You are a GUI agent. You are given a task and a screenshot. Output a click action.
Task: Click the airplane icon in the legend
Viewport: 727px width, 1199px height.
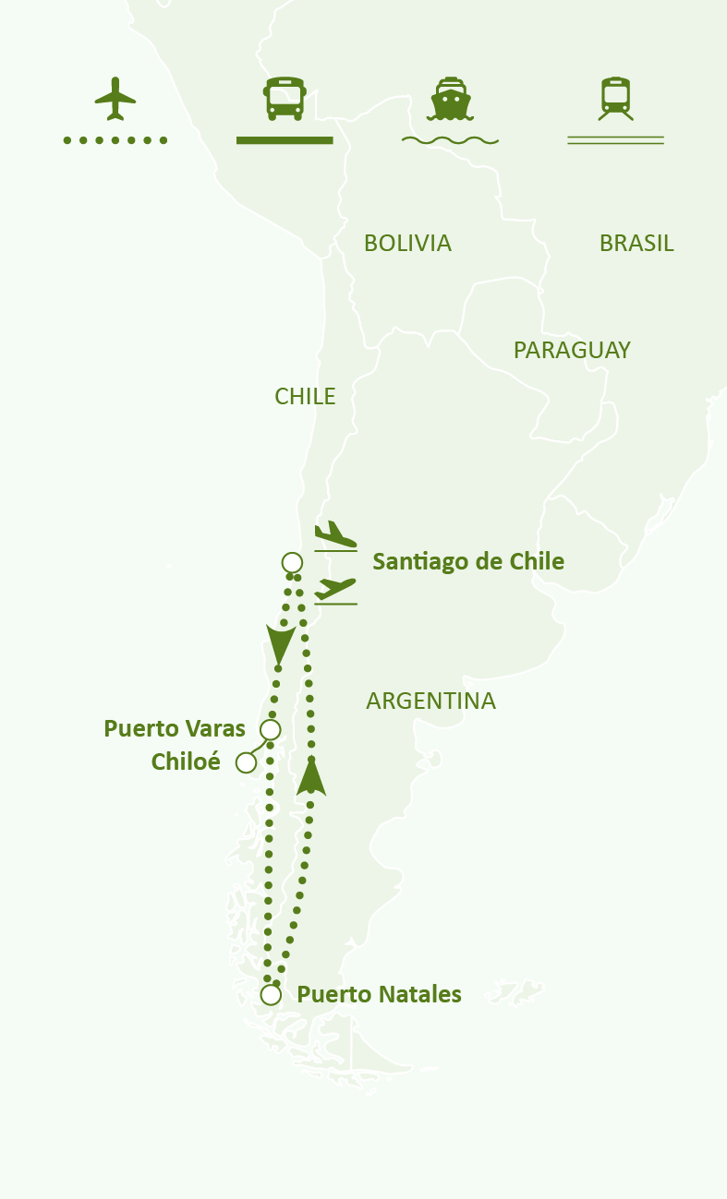pos(115,98)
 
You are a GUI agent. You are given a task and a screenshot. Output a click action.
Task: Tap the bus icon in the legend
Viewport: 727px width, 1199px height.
pos(285,98)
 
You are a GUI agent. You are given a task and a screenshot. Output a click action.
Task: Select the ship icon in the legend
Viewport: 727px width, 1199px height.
pos(450,99)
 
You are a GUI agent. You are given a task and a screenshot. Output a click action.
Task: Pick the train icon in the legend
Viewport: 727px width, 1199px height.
pos(615,98)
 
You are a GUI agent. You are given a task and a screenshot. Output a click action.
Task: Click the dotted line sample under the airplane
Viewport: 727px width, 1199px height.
pos(115,140)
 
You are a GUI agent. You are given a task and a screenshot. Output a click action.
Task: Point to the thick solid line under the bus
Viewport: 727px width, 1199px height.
pos(285,140)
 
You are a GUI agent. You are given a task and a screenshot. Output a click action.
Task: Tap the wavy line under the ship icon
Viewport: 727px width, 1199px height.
pos(450,140)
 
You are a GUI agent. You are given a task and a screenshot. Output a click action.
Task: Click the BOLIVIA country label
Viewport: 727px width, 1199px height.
pos(407,244)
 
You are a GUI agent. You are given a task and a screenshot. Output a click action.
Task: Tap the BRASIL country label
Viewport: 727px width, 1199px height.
pos(636,244)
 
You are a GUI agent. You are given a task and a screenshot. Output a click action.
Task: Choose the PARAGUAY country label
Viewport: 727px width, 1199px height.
pos(572,351)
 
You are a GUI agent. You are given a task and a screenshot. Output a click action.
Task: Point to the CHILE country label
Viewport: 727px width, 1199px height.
pos(305,397)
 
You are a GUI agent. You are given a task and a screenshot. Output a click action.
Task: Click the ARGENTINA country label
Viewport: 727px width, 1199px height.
pos(430,701)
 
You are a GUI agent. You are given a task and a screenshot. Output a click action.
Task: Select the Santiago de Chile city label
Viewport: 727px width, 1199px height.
pos(468,561)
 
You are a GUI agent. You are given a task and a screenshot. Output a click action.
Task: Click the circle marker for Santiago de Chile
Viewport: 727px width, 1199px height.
pos(291,562)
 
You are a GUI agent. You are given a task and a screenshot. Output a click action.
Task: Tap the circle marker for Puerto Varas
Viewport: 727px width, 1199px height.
pos(270,730)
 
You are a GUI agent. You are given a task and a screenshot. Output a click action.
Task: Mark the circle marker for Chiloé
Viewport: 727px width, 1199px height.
pos(246,762)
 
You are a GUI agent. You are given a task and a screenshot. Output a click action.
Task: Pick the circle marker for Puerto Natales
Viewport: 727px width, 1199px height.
pos(271,995)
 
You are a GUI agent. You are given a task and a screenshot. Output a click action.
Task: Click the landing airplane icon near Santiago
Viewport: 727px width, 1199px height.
pos(334,536)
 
